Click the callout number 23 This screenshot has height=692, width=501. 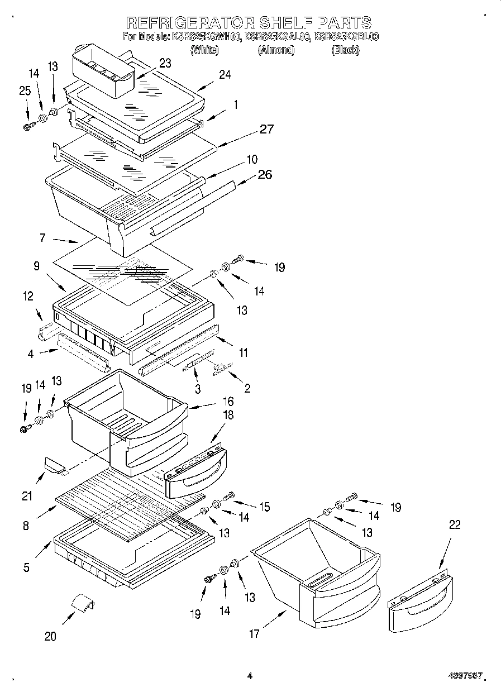point(165,63)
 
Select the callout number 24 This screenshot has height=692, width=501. point(225,74)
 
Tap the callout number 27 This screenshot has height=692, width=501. point(266,129)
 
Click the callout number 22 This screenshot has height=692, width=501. point(455,524)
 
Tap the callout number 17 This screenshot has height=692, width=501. point(254,633)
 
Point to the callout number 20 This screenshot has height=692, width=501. point(50,636)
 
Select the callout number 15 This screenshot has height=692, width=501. point(264,507)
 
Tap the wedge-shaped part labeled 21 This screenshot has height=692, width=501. point(54,464)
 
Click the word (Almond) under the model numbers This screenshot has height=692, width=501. point(276,50)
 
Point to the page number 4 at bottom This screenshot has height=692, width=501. point(250,676)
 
